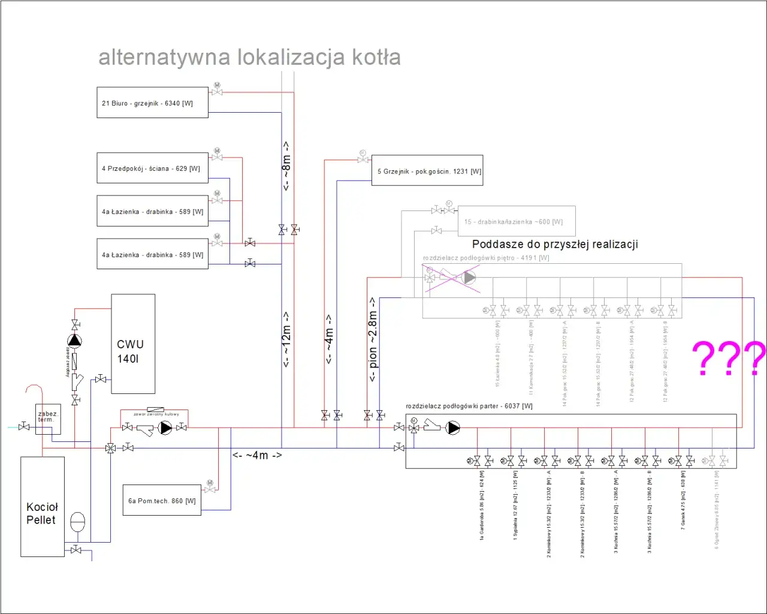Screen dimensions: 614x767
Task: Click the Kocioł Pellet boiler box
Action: coord(43,507)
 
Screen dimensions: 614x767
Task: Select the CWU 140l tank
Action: coord(133,344)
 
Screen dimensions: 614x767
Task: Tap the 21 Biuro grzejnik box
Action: coord(152,103)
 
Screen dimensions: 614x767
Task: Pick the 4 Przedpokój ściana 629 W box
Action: coord(152,168)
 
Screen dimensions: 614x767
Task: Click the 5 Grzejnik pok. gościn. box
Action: coord(427,171)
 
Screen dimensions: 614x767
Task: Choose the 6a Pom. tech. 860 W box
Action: coord(162,501)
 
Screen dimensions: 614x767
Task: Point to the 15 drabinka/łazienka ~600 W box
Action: coord(516,222)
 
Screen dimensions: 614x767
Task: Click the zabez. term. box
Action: coord(48,418)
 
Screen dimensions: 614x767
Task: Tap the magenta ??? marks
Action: coord(729,358)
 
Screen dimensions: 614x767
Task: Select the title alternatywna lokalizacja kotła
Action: coord(249,58)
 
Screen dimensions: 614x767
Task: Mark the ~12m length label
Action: coord(286,339)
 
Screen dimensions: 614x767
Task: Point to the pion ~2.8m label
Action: coord(373,339)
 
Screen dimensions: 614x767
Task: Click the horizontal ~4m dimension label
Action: coord(257,455)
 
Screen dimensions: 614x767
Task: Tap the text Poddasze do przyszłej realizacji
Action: coord(555,244)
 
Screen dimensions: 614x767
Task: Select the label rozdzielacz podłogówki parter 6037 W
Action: coord(469,406)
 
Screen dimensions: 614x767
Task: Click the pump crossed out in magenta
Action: coord(469,278)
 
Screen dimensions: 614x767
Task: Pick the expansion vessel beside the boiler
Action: coord(78,522)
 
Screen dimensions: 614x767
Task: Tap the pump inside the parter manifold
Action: coord(454,428)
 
